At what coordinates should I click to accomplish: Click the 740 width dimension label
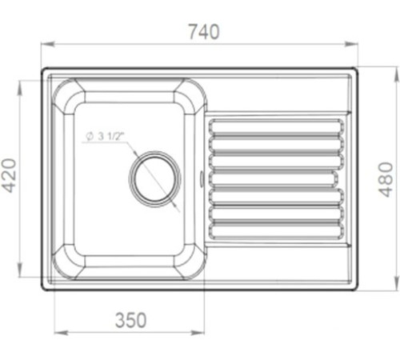click(x=204, y=32)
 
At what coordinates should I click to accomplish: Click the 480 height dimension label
click(x=386, y=179)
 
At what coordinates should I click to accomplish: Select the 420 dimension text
click(x=9, y=175)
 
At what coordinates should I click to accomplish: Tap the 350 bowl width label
click(x=130, y=320)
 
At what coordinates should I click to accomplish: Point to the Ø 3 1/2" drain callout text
click(x=105, y=136)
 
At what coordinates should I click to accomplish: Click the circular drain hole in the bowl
click(x=154, y=178)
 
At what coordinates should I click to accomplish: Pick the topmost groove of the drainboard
click(x=276, y=126)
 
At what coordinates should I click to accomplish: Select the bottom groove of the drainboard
click(x=276, y=230)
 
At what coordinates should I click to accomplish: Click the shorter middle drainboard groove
click(x=273, y=178)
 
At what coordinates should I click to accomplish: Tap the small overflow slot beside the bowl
click(x=202, y=178)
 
